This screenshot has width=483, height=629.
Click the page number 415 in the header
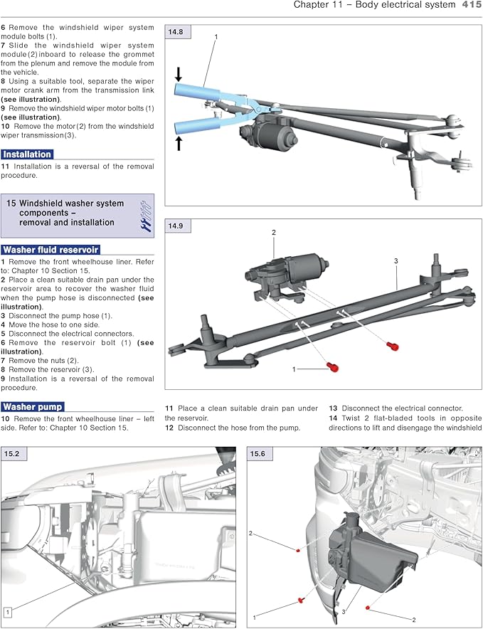click(x=471, y=5)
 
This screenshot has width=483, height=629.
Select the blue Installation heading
click(x=26, y=154)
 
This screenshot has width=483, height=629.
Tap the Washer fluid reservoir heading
click(x=50, y=250)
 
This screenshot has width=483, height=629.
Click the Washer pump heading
click(x=32, y=407)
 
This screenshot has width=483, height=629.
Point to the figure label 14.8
click(x=175, y=32)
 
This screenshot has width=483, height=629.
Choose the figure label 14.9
click(x=175, y=226)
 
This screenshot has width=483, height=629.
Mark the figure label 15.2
click(x=11, y=453)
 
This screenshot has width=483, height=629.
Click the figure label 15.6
click(x=257, y=453)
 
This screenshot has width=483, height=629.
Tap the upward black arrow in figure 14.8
click(x=179, y=143)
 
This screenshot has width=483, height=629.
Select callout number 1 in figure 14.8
click(x=216, y=36)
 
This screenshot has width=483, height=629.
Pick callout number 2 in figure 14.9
click(x=273, y=233)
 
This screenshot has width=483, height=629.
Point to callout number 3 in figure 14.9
click(x=396, y=261)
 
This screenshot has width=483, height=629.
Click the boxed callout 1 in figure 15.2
click(x=6, y=611)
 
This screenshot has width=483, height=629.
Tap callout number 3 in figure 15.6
click(x=342, y=611)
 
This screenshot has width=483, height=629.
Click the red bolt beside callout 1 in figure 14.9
click(x=332, y=367)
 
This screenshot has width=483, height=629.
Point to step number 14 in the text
click(x=333, y=418)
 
